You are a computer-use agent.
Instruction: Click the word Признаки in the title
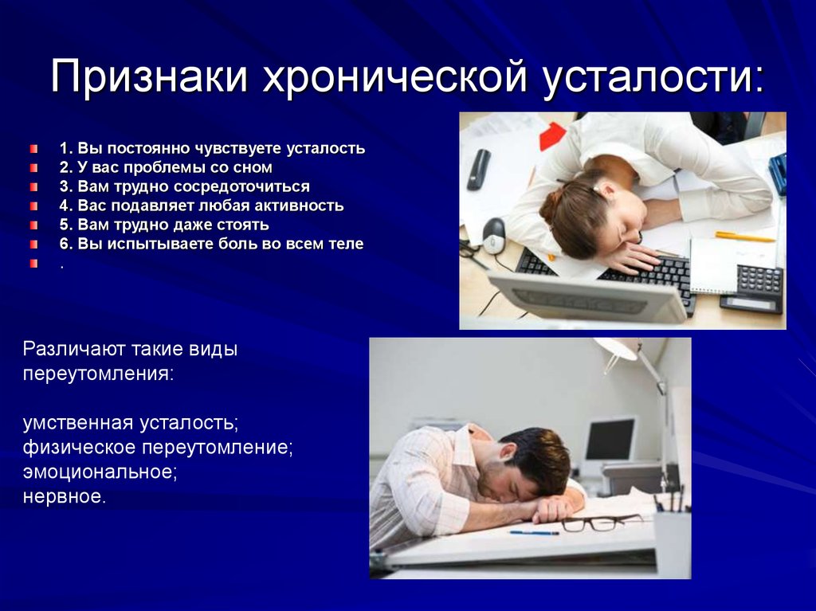[x=149, y=77]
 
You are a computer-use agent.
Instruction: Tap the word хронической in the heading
[x=395, y=78]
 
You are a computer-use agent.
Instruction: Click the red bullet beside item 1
[x=33, y=149]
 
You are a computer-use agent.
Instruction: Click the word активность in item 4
[x=300, y=206]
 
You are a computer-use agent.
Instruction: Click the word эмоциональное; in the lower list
[x=100, y=472]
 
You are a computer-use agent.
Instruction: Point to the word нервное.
[x=64, y=496]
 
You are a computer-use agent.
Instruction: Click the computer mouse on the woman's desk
[x=493, y=235]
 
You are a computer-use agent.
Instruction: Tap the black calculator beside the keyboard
[x=752, y=289]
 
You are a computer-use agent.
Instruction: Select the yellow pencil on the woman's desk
[x=745, y=237]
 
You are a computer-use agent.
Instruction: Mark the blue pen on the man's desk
[x=534, y=533]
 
